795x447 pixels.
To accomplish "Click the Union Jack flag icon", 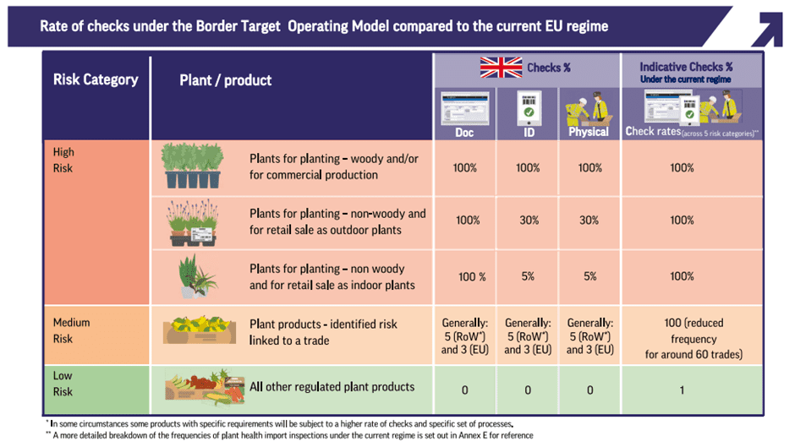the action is point(501,68).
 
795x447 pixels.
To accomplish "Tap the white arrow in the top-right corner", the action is point(769,29).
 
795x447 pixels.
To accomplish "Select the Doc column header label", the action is point(464,133).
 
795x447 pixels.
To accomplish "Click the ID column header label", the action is point(529,133).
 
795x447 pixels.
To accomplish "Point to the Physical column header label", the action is point(589,132).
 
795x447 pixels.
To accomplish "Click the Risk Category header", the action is point(96,79).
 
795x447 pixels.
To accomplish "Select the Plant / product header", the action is point(226,80).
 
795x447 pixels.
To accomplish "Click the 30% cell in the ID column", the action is point(529,220).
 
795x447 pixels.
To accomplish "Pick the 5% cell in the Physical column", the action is point(590,276).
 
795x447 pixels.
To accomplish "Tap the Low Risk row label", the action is point(63,384).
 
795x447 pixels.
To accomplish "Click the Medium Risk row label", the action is point(72,330).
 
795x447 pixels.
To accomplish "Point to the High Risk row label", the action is point(63,161).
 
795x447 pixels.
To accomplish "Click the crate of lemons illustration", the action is point(200,330).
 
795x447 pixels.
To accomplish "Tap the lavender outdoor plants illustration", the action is point(194,222).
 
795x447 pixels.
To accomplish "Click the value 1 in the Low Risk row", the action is point(682,390).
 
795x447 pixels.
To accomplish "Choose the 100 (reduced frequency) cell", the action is point(694,339).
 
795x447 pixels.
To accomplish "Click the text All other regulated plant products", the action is point(332,387).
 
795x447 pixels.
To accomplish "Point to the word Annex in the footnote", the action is point(469,435).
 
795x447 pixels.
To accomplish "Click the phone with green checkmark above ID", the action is point(529,107).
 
